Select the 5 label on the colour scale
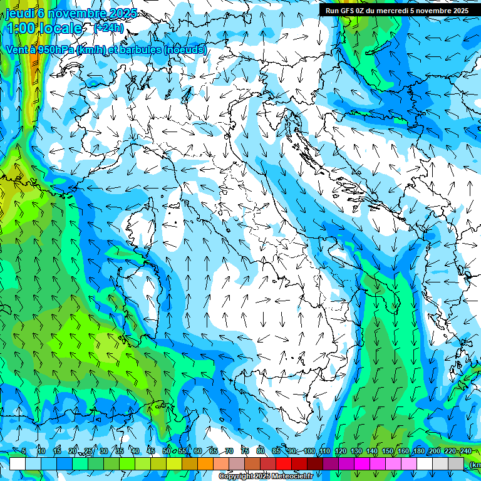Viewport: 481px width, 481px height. coord(24,451)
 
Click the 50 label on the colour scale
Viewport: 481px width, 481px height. coord(166,451)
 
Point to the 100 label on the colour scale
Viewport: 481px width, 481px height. coord(309,451)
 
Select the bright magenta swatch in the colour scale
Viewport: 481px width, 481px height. coord(362,463)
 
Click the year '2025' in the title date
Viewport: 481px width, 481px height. coord(126,13)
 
